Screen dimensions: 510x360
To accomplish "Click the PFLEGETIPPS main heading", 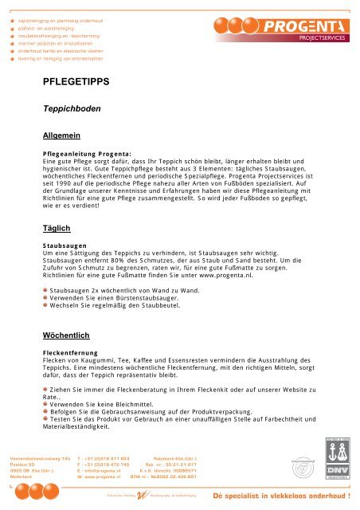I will (76, 81).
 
